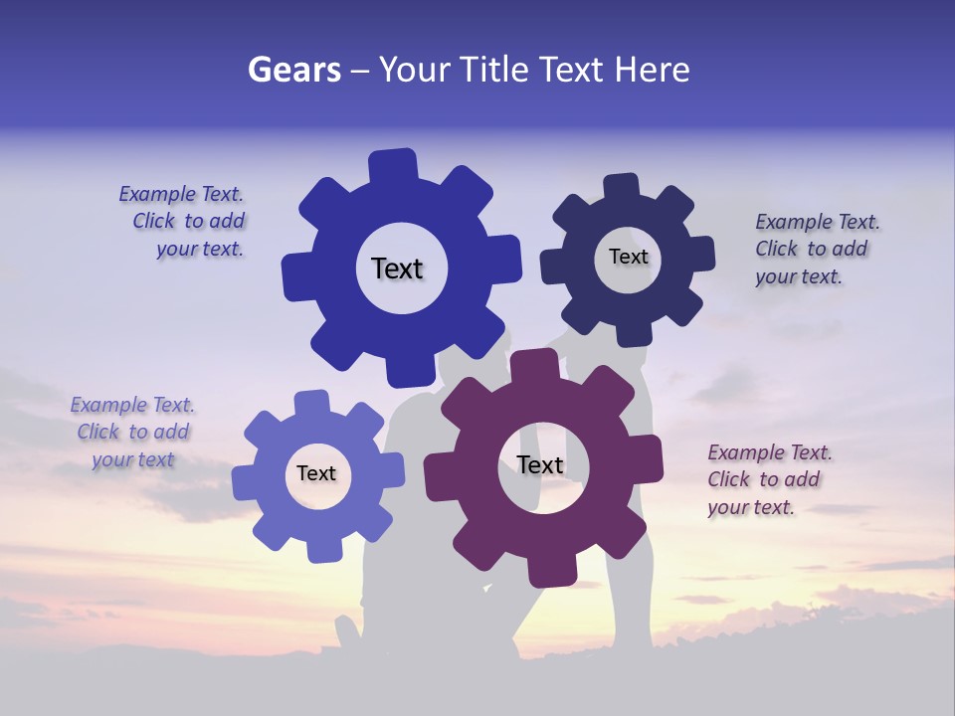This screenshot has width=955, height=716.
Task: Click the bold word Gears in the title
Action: [293, 70]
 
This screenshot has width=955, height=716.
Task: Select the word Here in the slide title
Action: [652, 70]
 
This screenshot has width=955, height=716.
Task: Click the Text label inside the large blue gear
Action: [397, 268]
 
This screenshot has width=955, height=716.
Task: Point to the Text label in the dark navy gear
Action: [628, 257]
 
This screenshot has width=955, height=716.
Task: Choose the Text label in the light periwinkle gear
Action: [316, 473]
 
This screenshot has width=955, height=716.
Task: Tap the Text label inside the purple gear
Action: [540, 464]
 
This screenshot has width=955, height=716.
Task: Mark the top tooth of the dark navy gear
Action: [621, 188]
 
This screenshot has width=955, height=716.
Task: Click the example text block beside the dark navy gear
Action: [816, 249]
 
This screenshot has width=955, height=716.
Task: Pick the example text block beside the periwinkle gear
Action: [133, 432]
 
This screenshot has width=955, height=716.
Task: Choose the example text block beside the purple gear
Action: [768, 479]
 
